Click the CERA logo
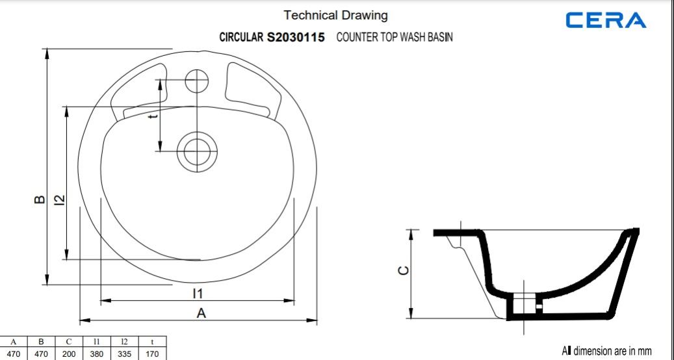pyautogui.click(x=606, y=20)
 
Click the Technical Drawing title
pyautogui.click(x=336, y=16)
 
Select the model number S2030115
pyautogui.click(x=296, y=38)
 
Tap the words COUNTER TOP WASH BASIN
pyautogui.click(x=395, y=38)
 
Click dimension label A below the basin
pyautogui.click(x=201, y=313)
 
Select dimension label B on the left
pyautogui.click(x=40, y=199)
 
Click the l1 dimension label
pyautogui.click(x=198, y=294)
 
